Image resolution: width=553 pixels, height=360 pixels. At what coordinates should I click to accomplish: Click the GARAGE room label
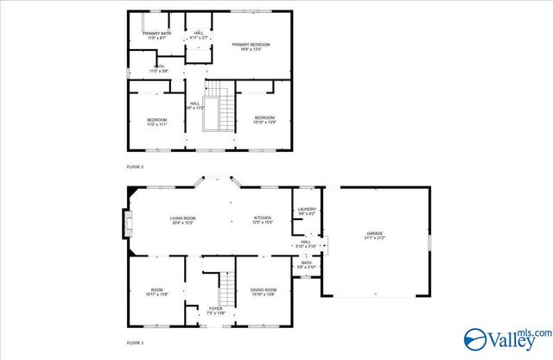click(374, 232)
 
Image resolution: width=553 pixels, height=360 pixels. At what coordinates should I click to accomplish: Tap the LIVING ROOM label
click(182, 218)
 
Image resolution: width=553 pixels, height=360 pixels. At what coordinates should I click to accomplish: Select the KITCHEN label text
click(263, 218)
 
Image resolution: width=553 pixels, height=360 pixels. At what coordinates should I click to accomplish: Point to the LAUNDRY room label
click(307, 209)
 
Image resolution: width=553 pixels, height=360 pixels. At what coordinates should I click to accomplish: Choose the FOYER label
click(215, 308)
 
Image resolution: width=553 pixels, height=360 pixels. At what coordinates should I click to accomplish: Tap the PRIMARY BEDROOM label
click(251, 44)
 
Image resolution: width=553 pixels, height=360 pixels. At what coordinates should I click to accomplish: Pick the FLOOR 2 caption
click(136, 166)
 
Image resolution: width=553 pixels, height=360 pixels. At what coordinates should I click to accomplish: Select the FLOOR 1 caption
click(136, 343)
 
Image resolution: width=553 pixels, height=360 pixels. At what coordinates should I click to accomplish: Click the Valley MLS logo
click(506, 339)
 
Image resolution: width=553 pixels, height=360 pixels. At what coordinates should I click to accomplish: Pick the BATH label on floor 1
click(319, 262)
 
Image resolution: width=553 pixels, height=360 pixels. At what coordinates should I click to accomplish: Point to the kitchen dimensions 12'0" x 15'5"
click(263, 223)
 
